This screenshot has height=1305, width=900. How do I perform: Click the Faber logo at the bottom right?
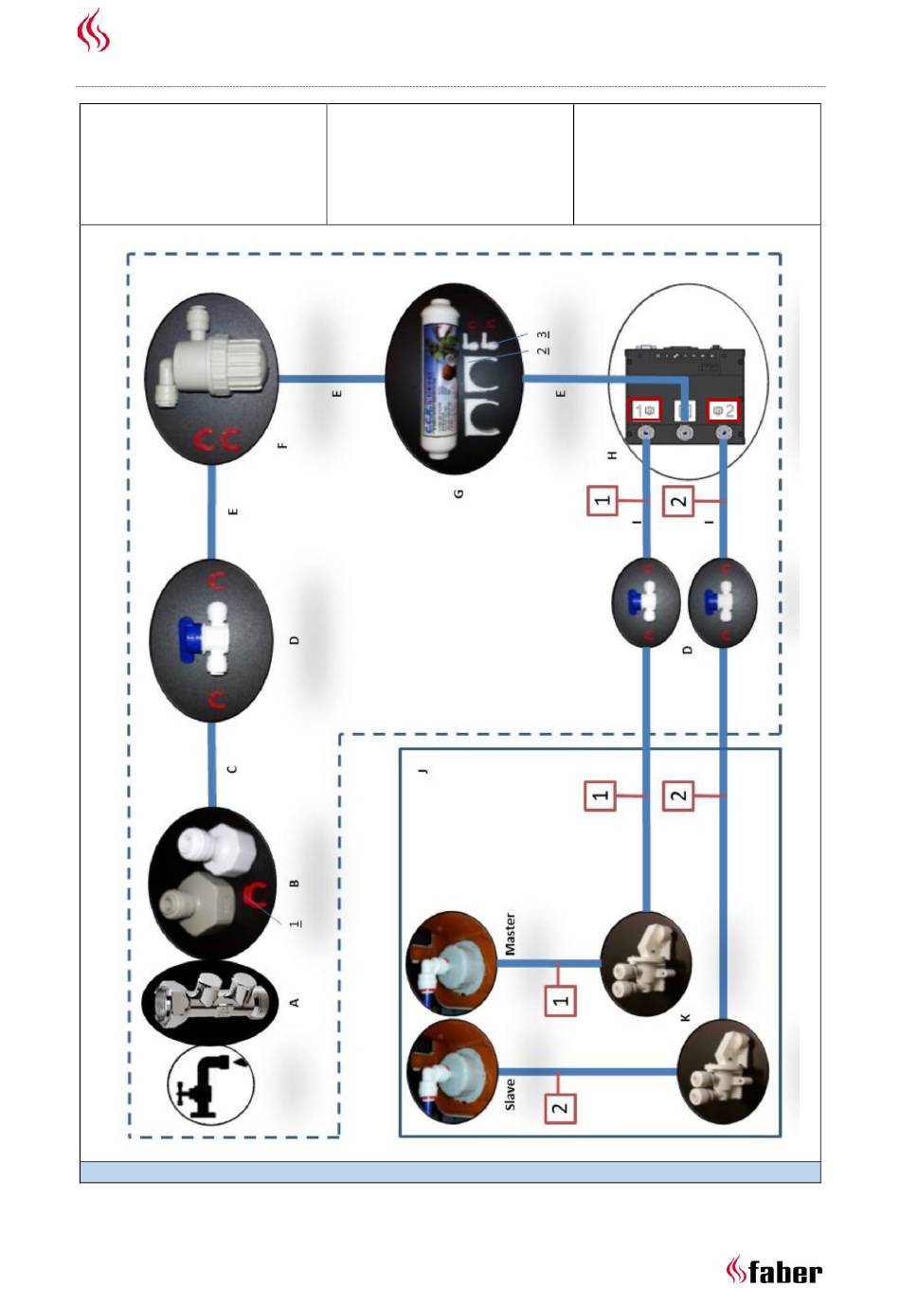[x=774, y=1270]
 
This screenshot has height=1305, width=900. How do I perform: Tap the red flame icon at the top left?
[x=93, y=30]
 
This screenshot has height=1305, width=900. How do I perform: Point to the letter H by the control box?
[x=612, y=456]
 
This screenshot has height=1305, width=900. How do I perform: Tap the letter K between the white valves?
[x=685, y=1017]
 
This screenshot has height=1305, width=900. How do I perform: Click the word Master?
[x=510, y=935]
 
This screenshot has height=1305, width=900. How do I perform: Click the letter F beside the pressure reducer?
[x=281, y=444]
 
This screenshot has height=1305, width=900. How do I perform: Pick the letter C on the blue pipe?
[x=232, y=769]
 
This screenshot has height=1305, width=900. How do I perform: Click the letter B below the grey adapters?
[x=295, y=884]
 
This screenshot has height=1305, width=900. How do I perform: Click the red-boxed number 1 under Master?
[x=562, y=1000]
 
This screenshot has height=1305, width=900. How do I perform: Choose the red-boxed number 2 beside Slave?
[x=561, y=1106]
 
